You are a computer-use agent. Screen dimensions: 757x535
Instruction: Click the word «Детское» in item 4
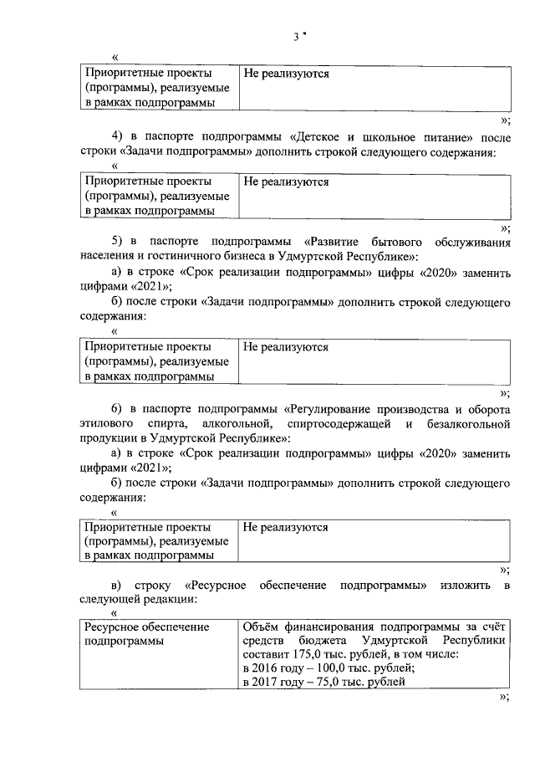(x=322, y=137)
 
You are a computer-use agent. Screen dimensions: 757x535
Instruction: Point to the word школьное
(x=396, y=137)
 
